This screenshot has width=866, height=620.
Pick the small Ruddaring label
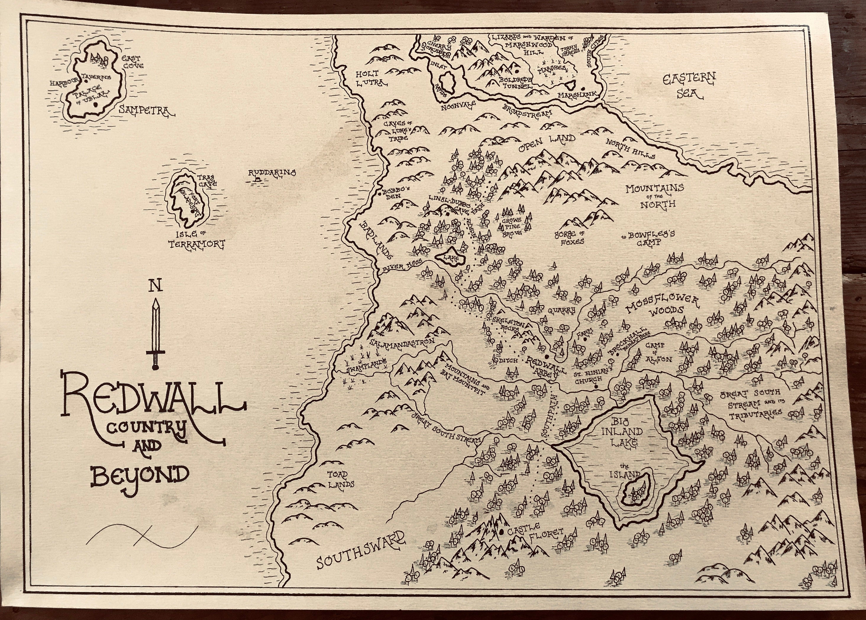click(x=272, y=173)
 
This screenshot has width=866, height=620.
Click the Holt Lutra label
click(x=371, y=78)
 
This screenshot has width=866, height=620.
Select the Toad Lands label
click(x=340, y=479)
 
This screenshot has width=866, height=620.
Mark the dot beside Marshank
click(x=583, y=88)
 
